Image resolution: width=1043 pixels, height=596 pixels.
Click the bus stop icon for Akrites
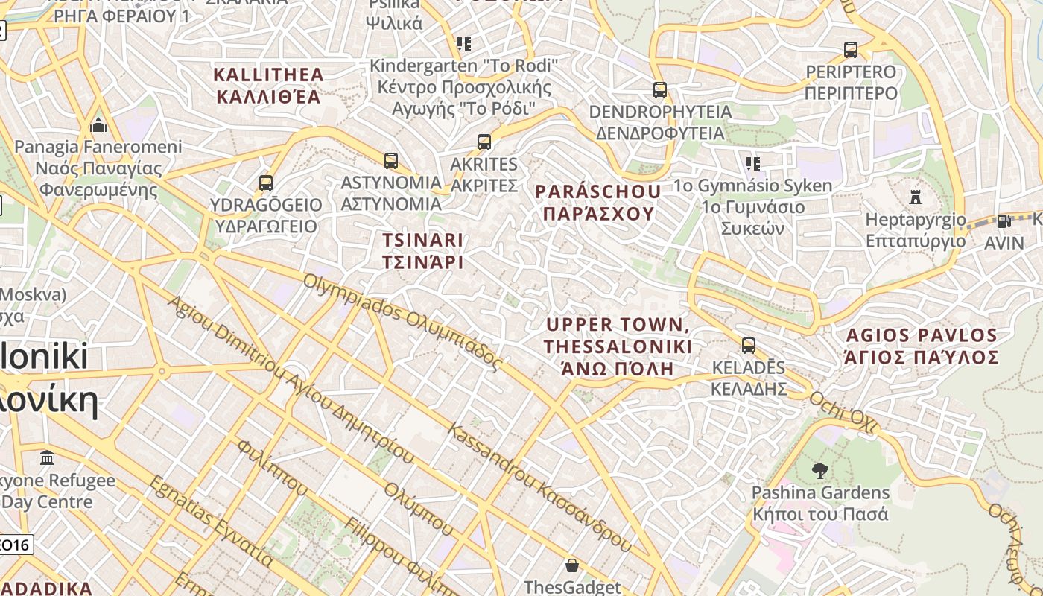[484, 142]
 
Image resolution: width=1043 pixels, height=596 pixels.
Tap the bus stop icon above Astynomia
[391, 160]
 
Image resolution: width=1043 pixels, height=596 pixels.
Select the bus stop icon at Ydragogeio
[265, 183]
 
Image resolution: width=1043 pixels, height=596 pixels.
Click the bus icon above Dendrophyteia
[659, 90]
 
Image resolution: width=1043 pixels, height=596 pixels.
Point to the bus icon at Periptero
[850, 50]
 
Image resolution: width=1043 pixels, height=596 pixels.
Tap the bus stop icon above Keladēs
[748, 346]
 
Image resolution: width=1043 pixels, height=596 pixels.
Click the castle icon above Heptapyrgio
[916, 197]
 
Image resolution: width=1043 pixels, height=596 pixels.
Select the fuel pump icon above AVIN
[1004, 221]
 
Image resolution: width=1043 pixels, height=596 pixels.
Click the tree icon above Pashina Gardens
[819, 471]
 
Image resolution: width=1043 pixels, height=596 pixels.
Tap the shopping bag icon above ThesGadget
[571, 565]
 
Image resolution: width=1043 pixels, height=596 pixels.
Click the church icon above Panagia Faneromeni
[98, 124]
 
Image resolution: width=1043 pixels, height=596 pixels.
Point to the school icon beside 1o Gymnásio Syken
[752, 163]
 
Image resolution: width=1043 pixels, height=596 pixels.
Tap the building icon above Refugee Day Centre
[47, 457]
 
